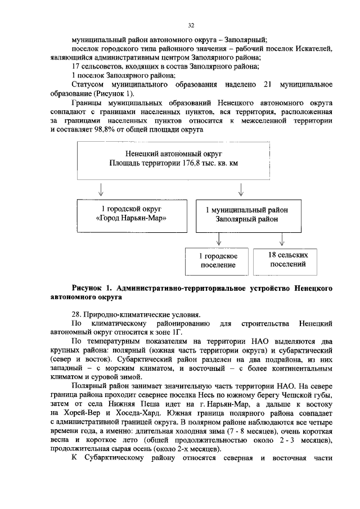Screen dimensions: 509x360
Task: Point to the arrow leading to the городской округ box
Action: click(x=100, y=187)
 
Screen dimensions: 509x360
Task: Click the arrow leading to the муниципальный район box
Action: click(x=241, y=187)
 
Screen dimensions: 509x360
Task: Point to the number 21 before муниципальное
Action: click(x=268, y=84)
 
